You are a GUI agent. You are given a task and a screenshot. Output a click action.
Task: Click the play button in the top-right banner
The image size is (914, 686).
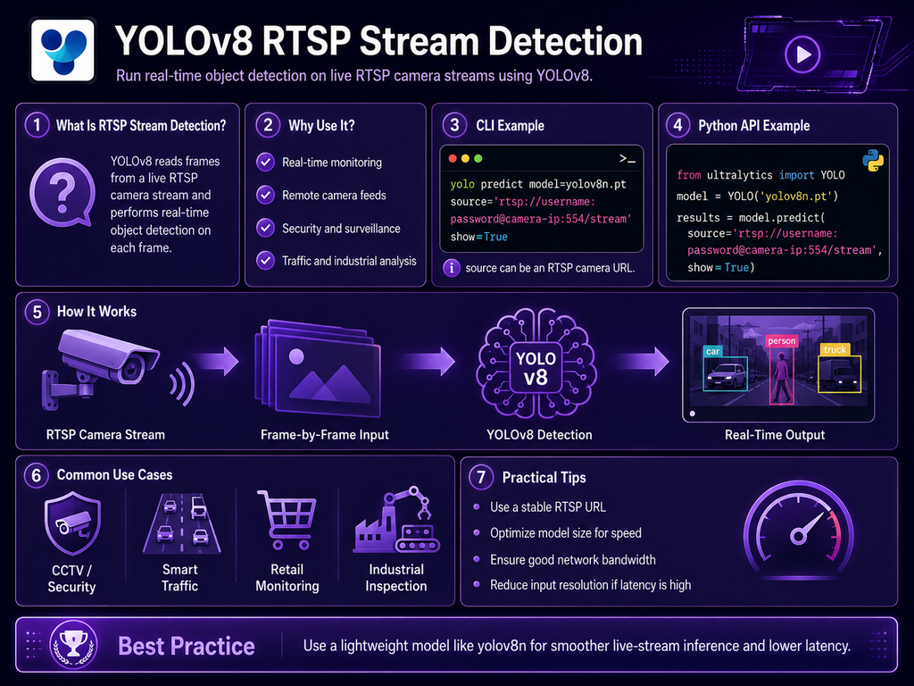click(x=802, y=54)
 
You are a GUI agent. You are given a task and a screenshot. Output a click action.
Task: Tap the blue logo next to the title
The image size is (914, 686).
click(x=63, y=50)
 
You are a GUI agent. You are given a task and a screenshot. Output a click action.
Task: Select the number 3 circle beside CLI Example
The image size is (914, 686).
click(x=454, y=125)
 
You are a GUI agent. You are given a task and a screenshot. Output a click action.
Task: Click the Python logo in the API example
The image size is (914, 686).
click(x=873, y=161)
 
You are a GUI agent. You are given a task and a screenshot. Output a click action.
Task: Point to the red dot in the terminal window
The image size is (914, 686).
click(x=453, y=159)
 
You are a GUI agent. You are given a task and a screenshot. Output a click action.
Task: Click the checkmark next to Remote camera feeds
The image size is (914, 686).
click(x=266, y=195)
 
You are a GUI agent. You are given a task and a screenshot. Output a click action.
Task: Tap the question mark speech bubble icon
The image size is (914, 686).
click(x=62, y=192)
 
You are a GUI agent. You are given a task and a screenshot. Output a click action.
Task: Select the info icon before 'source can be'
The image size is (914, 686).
click(x=451, y=268)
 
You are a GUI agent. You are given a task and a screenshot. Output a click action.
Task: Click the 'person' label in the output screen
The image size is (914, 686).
click(x=782, y=340)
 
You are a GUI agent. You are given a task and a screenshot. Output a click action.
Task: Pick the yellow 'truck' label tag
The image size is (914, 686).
click(x=835, y=349)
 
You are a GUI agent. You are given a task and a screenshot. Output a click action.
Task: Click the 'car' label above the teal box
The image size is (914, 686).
click(x=713, y=351)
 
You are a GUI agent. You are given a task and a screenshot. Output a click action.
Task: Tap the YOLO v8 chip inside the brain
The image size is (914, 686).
click(x=536, y=368)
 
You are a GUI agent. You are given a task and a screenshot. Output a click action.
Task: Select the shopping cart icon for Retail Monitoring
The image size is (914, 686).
click(x=287, y=521)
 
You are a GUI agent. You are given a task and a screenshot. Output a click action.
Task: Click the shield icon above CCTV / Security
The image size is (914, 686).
click(x=72, y=523)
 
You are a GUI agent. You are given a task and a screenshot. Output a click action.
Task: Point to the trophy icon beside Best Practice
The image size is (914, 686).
click(x=73, y=645)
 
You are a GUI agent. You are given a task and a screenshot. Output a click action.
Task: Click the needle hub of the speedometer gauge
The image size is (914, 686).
click(x=798, y=536)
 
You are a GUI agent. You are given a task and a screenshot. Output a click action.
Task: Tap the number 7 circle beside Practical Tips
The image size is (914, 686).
click(x=481, y=477)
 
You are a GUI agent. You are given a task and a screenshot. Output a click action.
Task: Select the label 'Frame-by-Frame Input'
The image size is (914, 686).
click(x=325, y=435)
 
